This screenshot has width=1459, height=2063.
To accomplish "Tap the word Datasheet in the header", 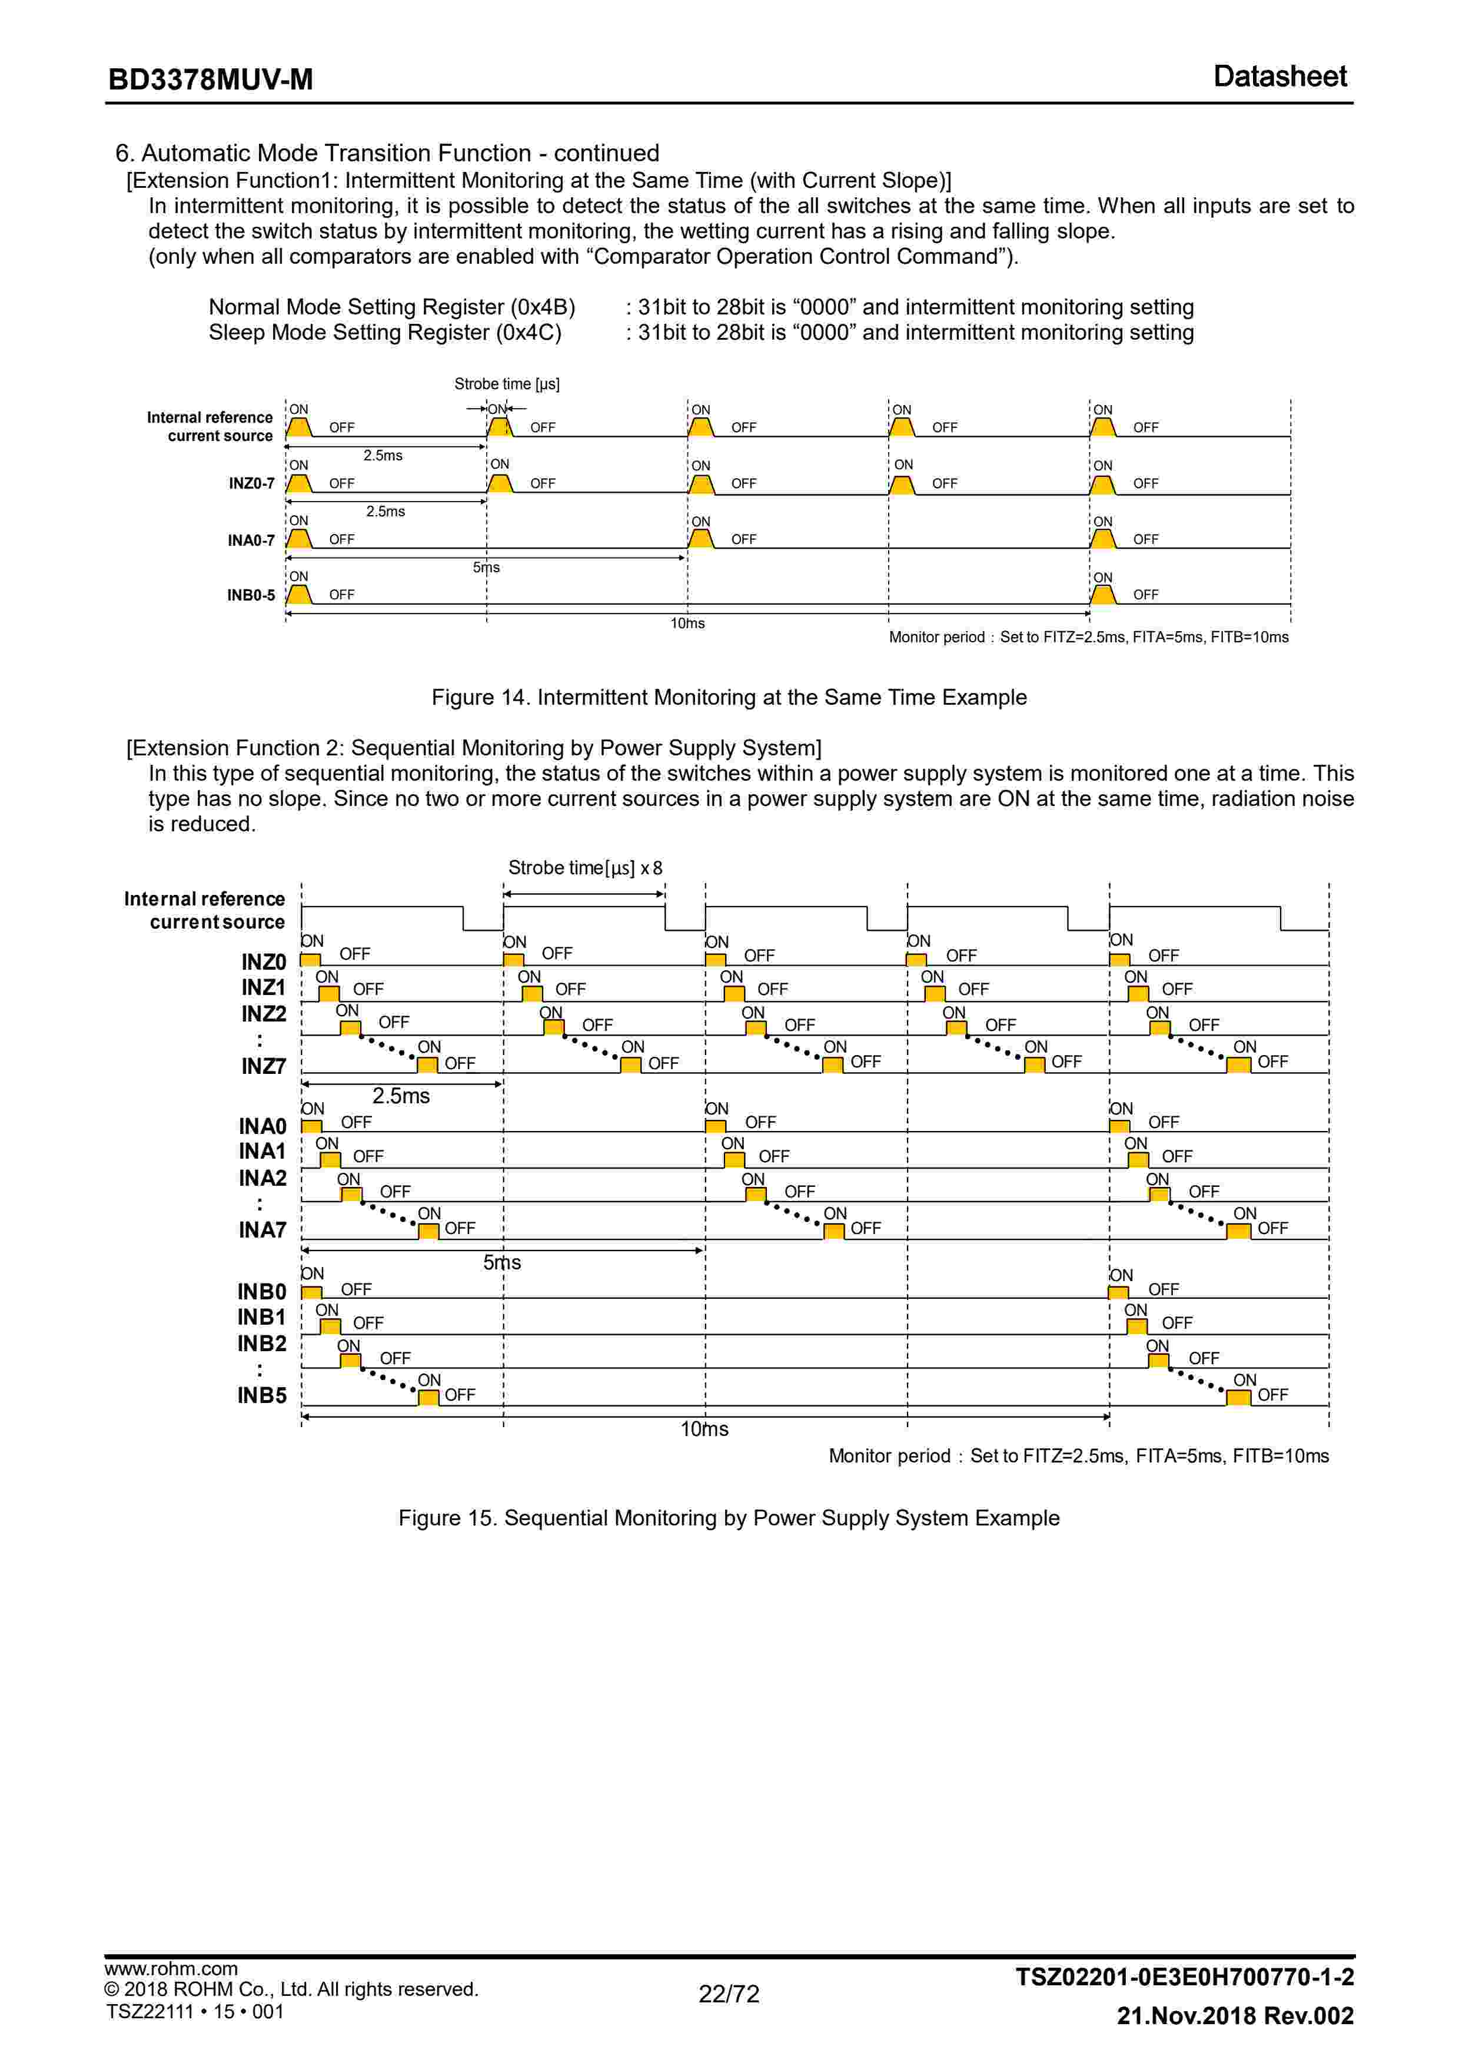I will (x=1279, y=77).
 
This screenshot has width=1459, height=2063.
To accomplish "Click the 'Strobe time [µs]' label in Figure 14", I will (x=507, y=384).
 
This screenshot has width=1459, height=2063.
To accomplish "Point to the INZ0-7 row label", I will (x=251, y=483).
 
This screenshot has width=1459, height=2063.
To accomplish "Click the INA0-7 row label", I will (x=251, y=540).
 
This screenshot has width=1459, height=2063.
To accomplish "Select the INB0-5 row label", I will (x=251, y=595).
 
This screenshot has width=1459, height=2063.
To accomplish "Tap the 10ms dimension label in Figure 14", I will (x=687, y=623).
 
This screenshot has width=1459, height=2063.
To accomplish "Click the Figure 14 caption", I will (x=729, y=697).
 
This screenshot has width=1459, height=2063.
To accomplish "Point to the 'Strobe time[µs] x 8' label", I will (x=585, y=868).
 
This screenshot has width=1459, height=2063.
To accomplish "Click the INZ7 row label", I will (x=263, y=1067).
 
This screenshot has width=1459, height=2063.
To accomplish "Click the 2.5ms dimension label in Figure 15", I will (x=401, y=1096).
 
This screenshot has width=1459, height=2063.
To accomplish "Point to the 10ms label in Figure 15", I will (x=704, y=1429).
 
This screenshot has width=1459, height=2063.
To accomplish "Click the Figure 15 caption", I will (x=729, y=1518).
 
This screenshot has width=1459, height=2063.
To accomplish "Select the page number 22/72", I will (x=729, y=1994).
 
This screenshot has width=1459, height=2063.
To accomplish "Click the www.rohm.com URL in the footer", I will (x=171, y=1969).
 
